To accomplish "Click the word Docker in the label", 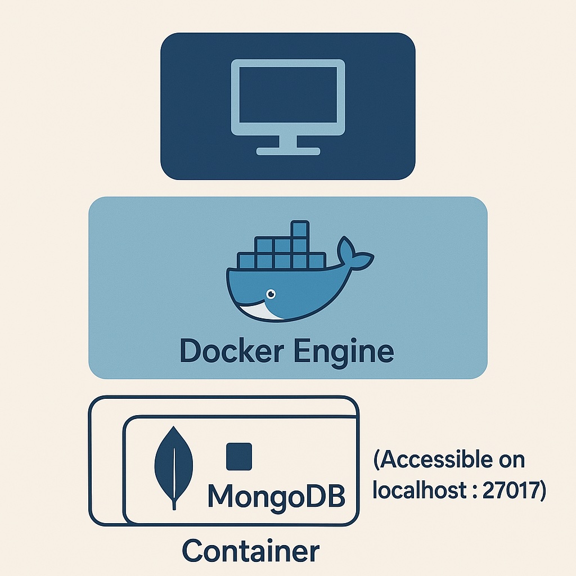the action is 232,352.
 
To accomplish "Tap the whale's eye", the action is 271,294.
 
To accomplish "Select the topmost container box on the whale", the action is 300,229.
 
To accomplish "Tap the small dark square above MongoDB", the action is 238,457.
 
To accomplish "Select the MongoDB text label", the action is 277,496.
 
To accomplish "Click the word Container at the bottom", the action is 251,551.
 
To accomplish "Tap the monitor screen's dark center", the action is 288,94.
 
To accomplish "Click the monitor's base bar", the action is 288,151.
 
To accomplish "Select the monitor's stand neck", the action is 288,141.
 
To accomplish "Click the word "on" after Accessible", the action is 512,461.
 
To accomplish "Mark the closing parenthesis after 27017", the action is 543,490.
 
